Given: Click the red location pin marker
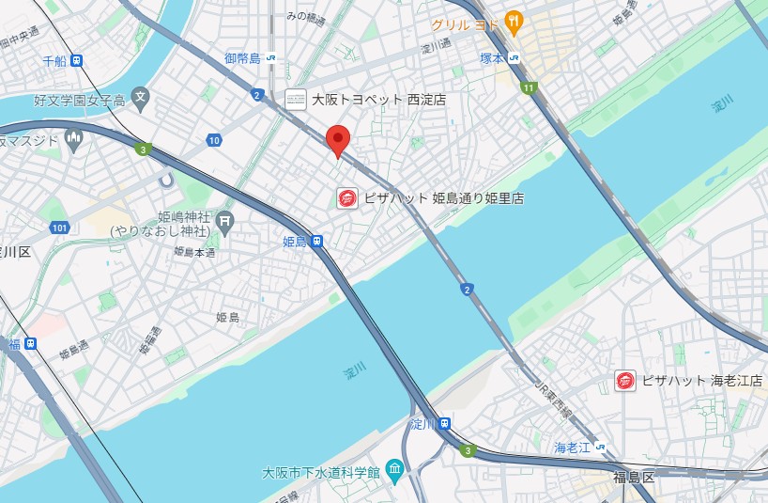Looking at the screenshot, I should point(338,141).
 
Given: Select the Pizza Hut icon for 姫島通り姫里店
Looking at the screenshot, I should point(347,198).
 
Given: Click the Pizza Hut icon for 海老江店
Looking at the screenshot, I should point(625,381).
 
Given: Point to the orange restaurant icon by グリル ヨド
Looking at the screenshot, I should point(513,21).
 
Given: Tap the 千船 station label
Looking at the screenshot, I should point(54,61).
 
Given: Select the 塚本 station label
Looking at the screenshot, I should point(493,57).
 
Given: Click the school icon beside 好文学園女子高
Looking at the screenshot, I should point(140,95).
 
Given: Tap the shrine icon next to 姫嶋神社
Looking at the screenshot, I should point(224,222).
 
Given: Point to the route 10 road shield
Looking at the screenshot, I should point(215,141).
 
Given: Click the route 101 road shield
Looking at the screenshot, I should point(60,228).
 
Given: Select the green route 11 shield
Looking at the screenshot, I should point(530,88).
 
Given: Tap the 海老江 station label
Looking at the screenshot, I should point(572,447).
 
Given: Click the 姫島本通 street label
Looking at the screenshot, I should point(194,252).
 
